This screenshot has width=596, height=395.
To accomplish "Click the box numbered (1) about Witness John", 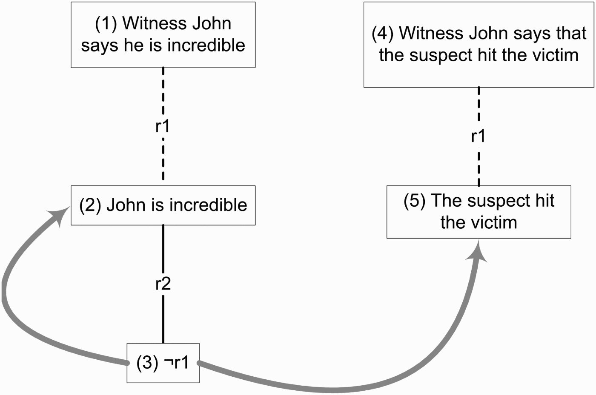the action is (163, 35).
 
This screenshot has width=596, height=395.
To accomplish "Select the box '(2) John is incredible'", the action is (163, 205).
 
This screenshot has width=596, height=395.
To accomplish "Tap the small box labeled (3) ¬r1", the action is (163, 363).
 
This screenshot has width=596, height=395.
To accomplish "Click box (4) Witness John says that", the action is (479, 44).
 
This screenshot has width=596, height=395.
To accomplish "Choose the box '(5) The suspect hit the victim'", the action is (479, 212).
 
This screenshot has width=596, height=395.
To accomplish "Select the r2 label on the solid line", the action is (163, 284).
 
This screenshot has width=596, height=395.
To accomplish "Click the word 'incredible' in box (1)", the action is (206, 45).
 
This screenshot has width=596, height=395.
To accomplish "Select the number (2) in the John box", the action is (90, 205).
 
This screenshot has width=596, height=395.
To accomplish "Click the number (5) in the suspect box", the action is (415, 200).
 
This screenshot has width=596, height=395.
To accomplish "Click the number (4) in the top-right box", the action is (383, 34).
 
